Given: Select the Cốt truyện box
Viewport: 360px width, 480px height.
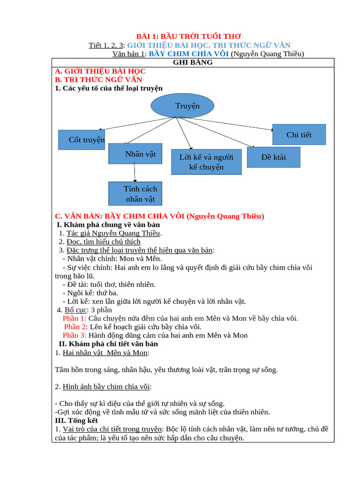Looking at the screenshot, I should coord(82,140).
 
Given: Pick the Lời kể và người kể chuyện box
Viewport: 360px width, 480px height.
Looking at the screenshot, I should coord(206,162).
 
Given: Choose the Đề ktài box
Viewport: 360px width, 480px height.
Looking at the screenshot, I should coord(273,157).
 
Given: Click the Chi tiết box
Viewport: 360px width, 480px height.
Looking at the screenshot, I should coord(299,135).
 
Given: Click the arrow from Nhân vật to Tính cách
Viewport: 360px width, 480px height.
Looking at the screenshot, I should coord(135,173).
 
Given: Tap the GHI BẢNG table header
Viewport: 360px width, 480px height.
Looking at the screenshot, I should coord(193,62).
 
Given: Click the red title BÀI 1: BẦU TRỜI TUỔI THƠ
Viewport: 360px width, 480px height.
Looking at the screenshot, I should coord(181,36).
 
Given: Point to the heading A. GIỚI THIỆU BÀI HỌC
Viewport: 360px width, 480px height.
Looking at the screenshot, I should coord(100,71).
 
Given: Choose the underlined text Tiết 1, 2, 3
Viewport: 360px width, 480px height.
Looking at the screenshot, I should coord(106,45).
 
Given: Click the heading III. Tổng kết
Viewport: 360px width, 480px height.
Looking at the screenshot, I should coord(76,420).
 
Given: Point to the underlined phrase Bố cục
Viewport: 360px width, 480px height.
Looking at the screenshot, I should coord(75,310).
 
